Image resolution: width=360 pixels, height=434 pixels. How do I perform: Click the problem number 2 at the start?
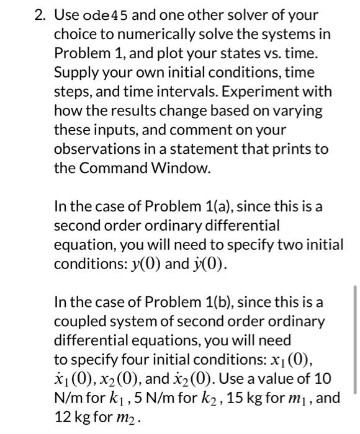[x=38, y=14]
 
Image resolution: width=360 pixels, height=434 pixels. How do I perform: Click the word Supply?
[x=75, y=72]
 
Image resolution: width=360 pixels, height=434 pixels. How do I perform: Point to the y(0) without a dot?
[x=145, y=264]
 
